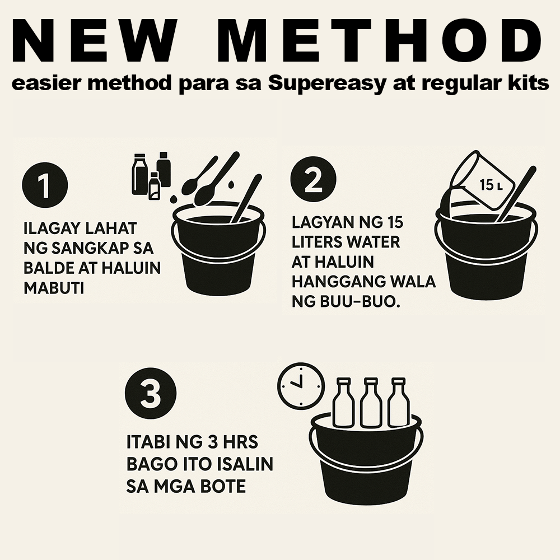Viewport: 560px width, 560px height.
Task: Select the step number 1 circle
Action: (x=44, y=185)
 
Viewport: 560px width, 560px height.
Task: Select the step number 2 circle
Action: (x=314, y=180)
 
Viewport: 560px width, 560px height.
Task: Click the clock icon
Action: (x=301, y=385)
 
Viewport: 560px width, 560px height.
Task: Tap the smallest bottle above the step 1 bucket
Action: (x=154, y=186)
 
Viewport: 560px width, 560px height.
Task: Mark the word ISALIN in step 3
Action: (x=245, y=464)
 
